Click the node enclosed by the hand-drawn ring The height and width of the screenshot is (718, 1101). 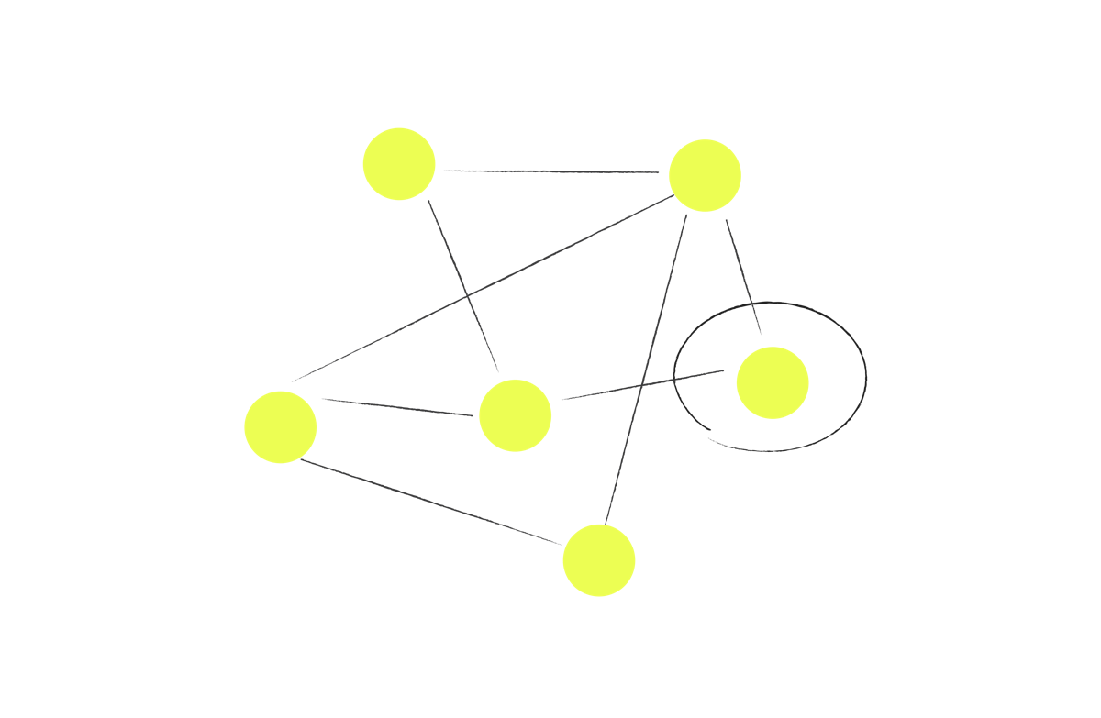point(773,383)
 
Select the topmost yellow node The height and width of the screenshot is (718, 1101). point(399,164)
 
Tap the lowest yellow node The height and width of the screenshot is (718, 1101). point(599,560)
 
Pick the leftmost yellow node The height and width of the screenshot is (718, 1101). point(281,427)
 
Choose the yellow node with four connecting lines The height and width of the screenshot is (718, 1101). point(705,175)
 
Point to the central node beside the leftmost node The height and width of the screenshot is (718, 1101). point(516,415)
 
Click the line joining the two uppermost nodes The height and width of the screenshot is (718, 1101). point(550,171)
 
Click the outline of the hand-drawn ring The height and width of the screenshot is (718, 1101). point(865,376)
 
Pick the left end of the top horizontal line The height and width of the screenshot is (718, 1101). point(445,171)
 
